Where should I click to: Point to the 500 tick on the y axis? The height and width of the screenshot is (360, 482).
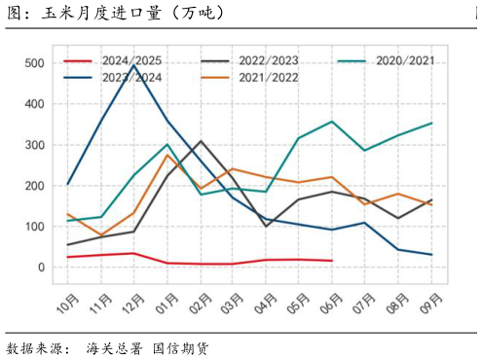(35, 63)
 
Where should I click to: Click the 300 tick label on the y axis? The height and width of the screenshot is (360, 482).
(35, 145)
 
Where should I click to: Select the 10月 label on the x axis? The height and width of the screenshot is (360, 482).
(67, 307)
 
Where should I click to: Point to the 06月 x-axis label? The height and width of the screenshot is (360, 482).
(332, 307)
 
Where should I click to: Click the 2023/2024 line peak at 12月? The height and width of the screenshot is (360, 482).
(133, 64)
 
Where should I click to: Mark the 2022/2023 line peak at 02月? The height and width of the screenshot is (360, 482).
(201, 142)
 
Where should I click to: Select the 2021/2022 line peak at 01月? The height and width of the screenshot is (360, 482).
(167, 155)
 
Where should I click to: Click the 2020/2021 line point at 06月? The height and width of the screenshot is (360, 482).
(332, 122)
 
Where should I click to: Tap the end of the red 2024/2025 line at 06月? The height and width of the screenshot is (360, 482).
(332, 261)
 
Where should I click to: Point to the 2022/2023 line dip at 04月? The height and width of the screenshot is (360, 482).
(267, 226)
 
